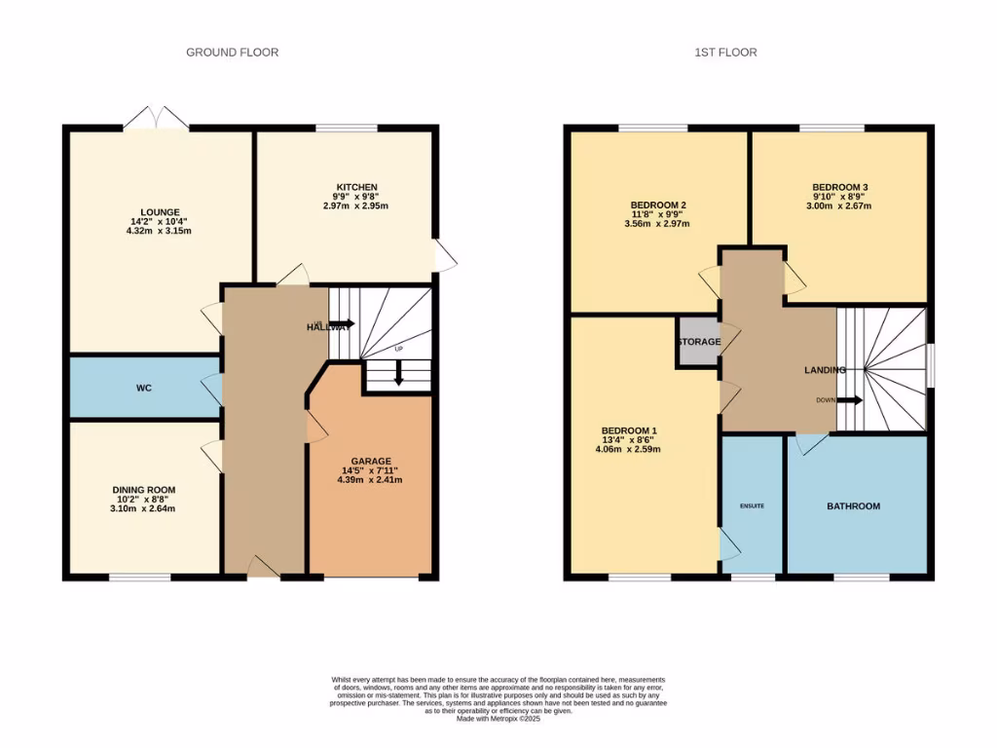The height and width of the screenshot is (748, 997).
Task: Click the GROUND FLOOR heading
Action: point(232,53)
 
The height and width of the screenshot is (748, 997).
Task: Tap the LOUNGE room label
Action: point(160,210)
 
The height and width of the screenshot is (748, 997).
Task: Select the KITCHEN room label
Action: point(356,187)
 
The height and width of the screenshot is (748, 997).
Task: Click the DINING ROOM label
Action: point(143,490)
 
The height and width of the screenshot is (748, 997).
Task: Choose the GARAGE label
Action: point(370,461)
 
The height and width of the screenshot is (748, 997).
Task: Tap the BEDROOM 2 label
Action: point(658,205)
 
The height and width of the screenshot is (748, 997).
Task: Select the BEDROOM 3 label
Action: point(839,187)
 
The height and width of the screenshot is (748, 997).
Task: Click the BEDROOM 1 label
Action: point(629,430)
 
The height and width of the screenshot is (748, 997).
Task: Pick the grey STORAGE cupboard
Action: point(699,342)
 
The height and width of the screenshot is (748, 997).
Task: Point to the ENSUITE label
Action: point(752,506)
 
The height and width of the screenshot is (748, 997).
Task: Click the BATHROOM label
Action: point(853,506)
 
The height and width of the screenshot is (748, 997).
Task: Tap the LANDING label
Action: point(824,370)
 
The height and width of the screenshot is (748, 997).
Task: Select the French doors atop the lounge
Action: point(156,119)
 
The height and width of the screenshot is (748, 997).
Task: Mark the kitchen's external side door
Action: point(444,256)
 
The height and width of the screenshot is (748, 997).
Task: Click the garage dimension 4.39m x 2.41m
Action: point(370,479)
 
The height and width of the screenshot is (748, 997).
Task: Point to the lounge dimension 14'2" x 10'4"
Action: point(160,220)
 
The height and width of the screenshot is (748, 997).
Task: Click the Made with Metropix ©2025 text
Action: point(498,719)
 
